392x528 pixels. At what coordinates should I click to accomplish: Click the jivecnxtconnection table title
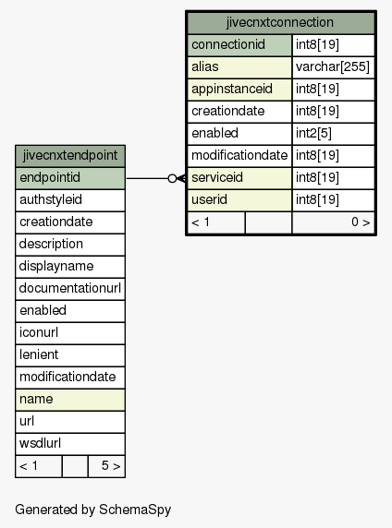pyautogui.click(x=280, y=22)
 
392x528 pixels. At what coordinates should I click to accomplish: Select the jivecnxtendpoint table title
pyautogui.click(x=70, y=156)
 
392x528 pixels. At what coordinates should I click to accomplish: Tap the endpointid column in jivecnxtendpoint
pyautogui.click(x=70, y=178)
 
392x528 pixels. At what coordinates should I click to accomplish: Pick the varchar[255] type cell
pyautogui.click(x=333, y=67)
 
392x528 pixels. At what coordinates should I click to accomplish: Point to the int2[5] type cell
pyautogui.click(x=333, y=133)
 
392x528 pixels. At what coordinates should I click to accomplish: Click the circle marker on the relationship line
pyautogui.click(x=172, y=178)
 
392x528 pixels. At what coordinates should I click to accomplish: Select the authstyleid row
pyautogui.click(x=70, y=200)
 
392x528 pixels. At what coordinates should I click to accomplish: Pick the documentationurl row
pyautogui.click(x=70, y=289)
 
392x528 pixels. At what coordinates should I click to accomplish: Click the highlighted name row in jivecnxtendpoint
pyautogui.click(x=70, y=400)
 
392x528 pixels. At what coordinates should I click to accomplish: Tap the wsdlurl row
pyautogui.click(x=70, y=443)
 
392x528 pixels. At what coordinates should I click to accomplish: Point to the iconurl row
pyautogui.click(x=70, y=332)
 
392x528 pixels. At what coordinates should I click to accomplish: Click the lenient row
pyautogui.click(x=70, y=354)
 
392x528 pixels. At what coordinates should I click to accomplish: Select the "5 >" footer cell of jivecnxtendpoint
pyautogui.click(x=106, y=466)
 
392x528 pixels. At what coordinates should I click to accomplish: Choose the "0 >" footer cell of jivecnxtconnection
pyautogui.click(x=334, y=222)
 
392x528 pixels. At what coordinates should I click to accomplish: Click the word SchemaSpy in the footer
pyautogui.click(x=135, y=510)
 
